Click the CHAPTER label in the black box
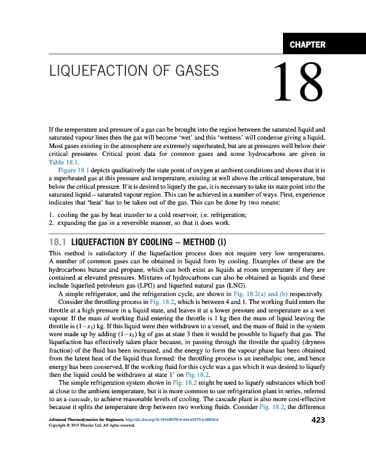[x=307, y=45]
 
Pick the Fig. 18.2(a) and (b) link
[x=261, y=293]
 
